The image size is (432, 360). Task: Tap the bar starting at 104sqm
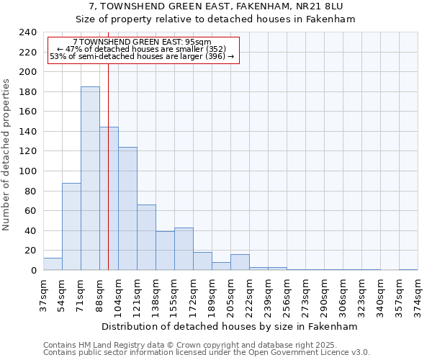point(127,209)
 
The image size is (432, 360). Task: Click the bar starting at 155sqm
point(184,249)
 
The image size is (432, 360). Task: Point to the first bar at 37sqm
point(53,264)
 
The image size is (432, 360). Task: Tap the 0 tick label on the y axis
point(34,271)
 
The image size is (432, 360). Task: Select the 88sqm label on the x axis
point(99,294)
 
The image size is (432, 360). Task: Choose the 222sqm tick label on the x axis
point(249,294)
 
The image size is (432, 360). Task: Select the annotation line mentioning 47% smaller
point(141,49)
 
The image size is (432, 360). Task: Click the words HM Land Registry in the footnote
point(101,345)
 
